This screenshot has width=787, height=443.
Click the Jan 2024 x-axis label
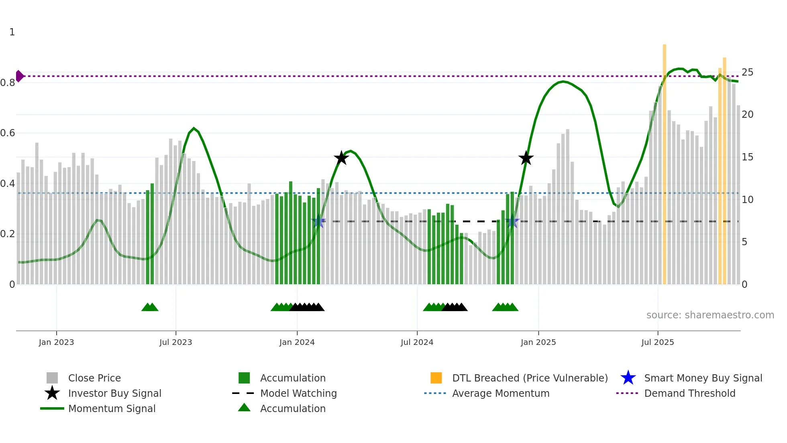coord(297,343)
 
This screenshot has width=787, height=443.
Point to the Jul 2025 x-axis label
coord(657,343)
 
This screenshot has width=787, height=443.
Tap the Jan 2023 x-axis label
coord(56,343)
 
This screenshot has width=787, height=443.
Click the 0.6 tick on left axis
coord(8,133)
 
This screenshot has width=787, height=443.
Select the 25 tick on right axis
coord(747,72)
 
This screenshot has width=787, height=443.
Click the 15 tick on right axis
coord(747,157)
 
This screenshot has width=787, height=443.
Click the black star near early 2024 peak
coord(341,158)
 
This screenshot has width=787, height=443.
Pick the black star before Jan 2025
coord(526,158)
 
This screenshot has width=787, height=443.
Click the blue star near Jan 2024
coord(318,221)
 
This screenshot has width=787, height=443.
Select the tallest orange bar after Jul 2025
coord(664,161)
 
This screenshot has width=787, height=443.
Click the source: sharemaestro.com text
coord(710,315)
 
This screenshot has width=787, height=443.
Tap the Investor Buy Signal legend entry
coord(114,393)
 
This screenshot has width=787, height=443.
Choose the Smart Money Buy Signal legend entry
coord(703,378)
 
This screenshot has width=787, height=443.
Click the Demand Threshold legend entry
coord(689,393)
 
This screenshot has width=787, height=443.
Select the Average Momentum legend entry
coord(500,393)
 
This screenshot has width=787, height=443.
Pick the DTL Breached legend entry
coord(530,378)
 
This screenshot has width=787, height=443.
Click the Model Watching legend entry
coord(298,393)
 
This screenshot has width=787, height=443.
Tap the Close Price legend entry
coord(94,378)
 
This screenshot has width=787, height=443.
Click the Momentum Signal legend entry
coord(112,408)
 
